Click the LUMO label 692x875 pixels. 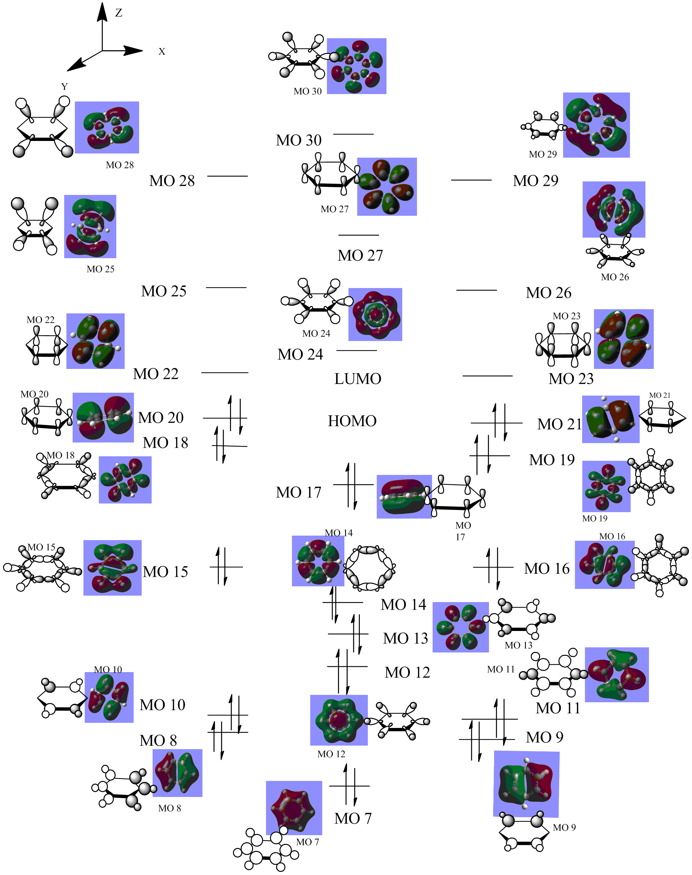(358, 379)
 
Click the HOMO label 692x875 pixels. (352, 421)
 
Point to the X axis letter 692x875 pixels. (162, 52)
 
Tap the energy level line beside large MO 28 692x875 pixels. (227, 176)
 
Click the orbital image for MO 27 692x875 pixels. (386, 187)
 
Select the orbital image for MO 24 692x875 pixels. (375, 314)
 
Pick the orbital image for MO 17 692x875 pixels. (404, 496)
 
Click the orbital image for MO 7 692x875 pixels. (294, 808)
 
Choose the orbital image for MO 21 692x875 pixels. (611, 419)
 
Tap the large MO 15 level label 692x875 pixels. (165, 572)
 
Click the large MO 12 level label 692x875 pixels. (407, 673)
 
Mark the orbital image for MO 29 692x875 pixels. (596, 125)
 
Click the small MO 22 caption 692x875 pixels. (40, 320)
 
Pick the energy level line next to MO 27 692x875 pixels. (359, 235)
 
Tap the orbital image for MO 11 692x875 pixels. (617, 675)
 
